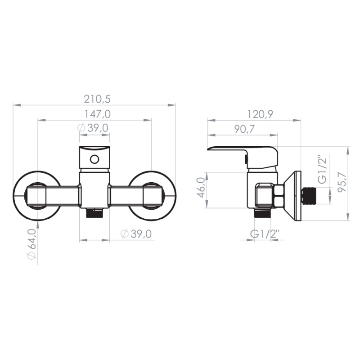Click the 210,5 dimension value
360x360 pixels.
coord(97,99)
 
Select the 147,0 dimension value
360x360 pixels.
coord(97,114)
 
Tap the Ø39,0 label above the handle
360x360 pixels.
coord(93,128)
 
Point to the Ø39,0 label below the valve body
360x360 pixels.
coord(136,234)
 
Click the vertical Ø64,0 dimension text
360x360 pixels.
coord(31,244)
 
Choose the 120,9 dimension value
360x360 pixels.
coord(260,114)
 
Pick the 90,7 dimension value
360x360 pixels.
coord(244,129)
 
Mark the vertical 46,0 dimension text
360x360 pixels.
coord(201,187)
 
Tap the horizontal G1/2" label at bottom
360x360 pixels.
coord(265,234)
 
